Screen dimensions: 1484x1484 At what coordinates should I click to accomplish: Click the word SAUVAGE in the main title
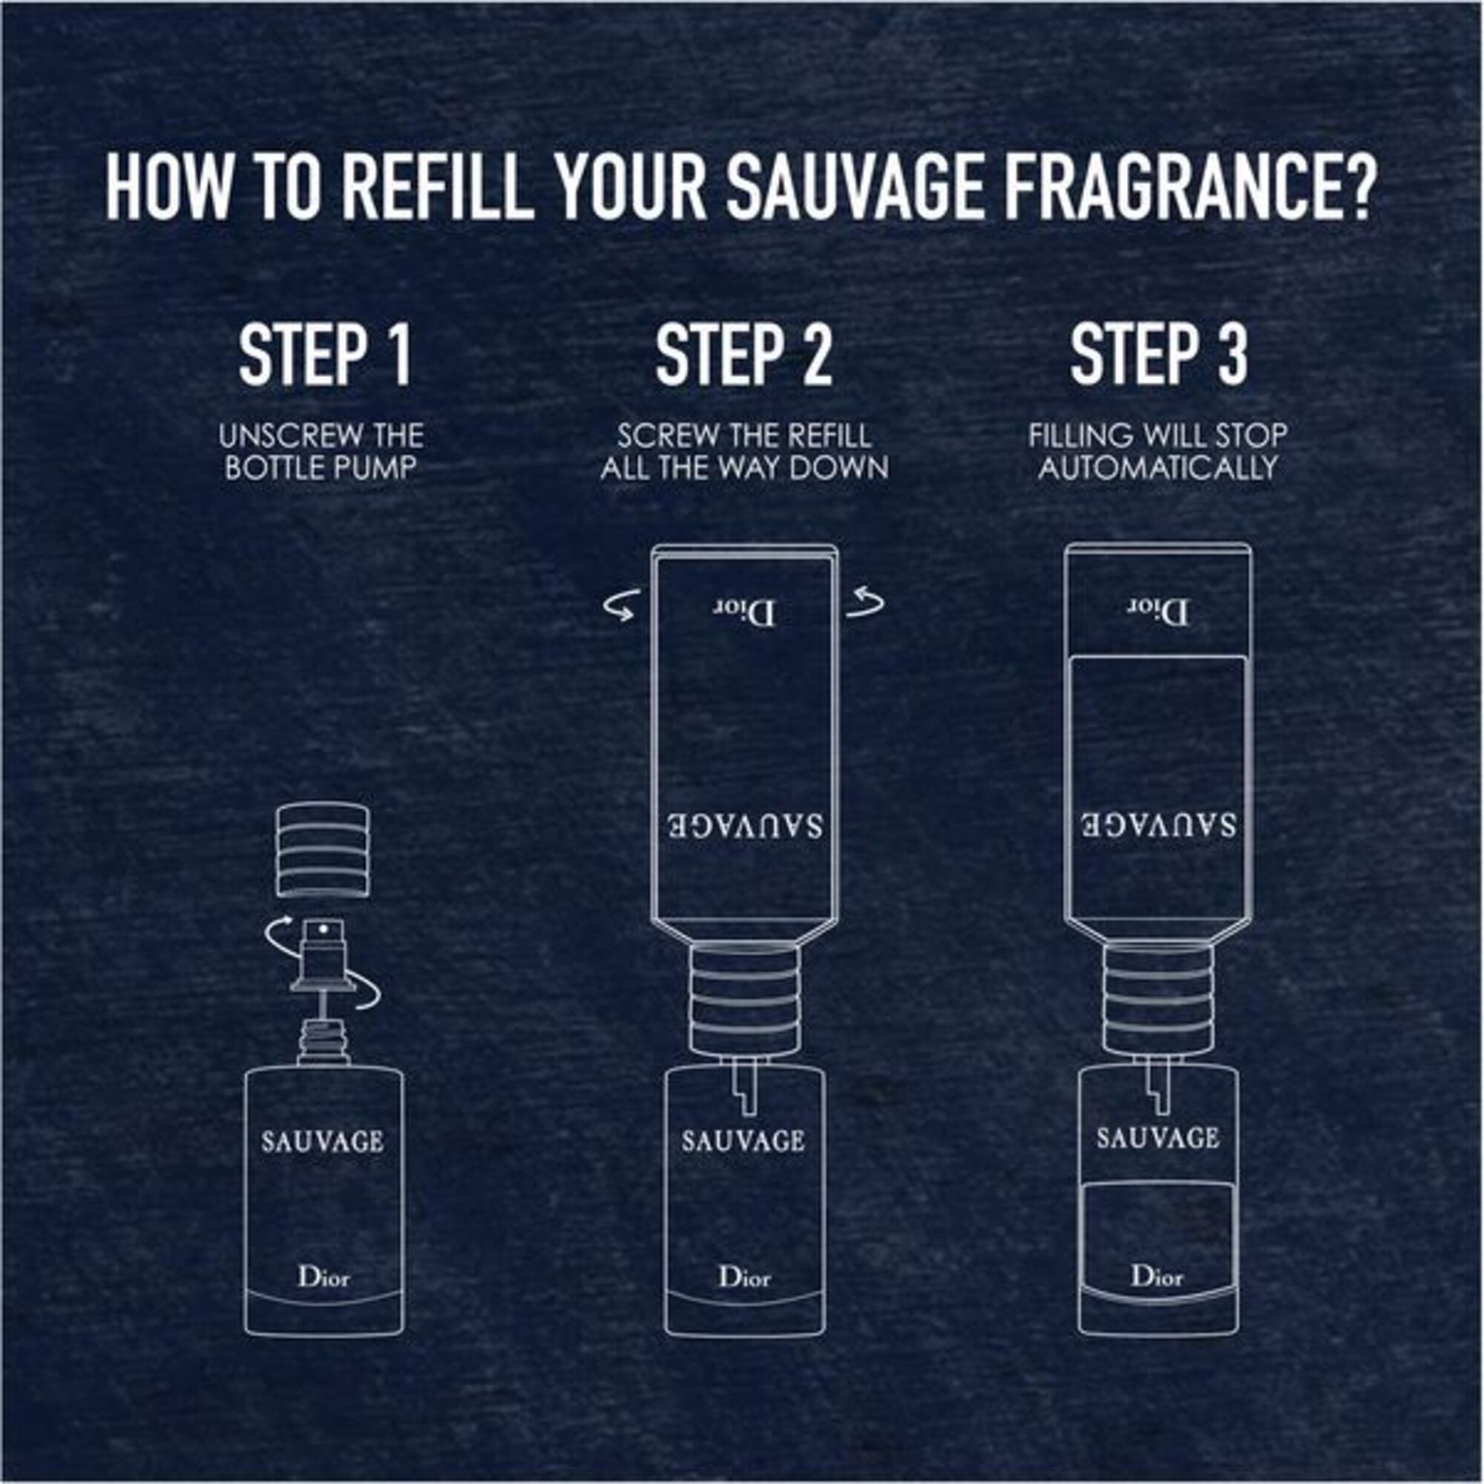pyautogui.click(x=853, y=189)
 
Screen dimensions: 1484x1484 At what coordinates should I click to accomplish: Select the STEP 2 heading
pyautogui.click(x=743, y=355)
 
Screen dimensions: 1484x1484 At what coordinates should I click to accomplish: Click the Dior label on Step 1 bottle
pyautogui.click(x=324, y=1278)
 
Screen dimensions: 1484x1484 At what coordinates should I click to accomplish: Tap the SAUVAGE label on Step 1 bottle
pyautogui.click(x=322, y=1142)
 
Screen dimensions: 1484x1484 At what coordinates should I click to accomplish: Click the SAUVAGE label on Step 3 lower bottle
pyautogui.click(x=1158, y=1138)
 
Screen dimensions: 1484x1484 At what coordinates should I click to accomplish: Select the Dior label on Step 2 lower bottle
pyautogui.click(x=743, y=1278)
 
